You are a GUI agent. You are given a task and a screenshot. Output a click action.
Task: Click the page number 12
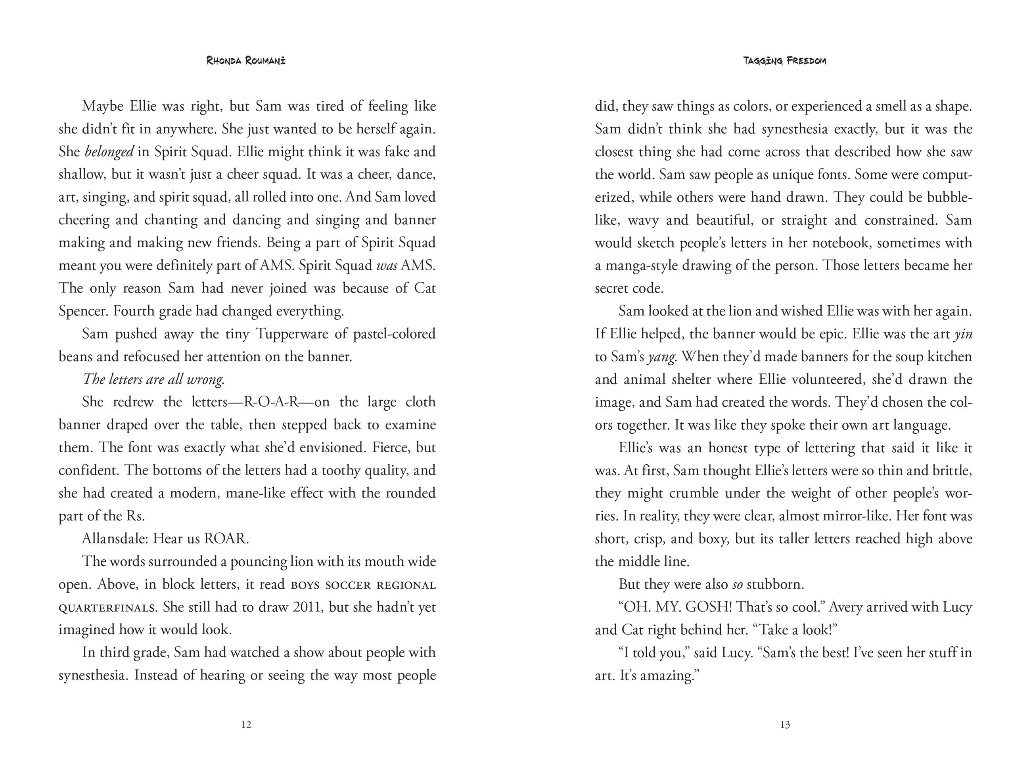[x=247, y=725]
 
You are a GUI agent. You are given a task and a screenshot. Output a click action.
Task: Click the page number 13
[x=784, y=725]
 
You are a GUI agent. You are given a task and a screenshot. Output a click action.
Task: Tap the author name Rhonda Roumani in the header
[x=246, y=61]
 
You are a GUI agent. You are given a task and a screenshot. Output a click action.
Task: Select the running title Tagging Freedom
[x=784, y=61]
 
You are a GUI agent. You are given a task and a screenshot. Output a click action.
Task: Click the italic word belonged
[x=109, y=152]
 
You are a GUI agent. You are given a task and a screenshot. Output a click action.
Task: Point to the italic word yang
[x=661, y=357]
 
